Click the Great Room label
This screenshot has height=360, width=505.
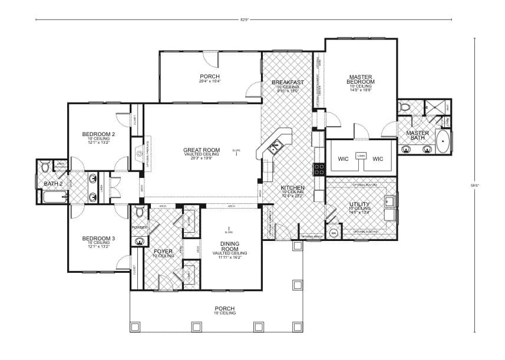[x=201, y=150]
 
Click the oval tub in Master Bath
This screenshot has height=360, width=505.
[x=443, y=143]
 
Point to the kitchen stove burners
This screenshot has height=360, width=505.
[x=319, y=169]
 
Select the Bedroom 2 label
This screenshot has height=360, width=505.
[x=98, y=134]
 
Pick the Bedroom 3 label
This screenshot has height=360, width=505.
[x=98, y=238]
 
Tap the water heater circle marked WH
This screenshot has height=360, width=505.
[x=333, y=233]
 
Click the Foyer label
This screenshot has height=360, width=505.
[x=163, y=251]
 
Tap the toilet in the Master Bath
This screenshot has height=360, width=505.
[x=404, y=107]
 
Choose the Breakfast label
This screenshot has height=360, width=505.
[x=288, y=82]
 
